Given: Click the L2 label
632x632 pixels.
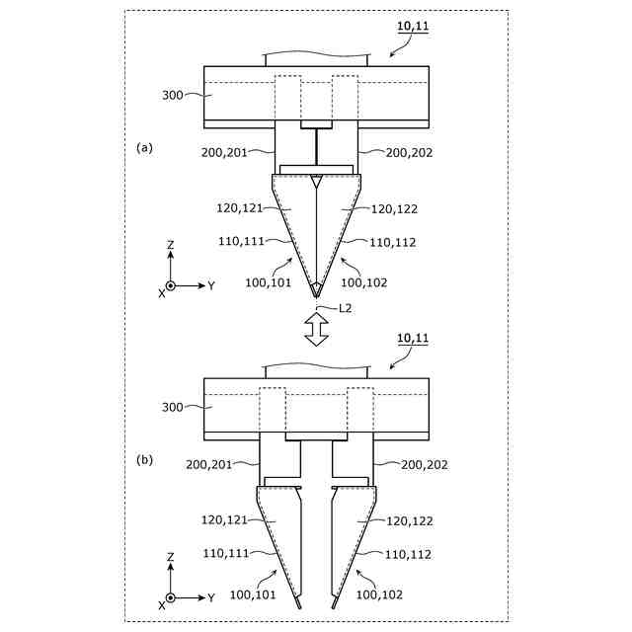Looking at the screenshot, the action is pos(346,309).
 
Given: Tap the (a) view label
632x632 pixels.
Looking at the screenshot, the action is pos(145,147).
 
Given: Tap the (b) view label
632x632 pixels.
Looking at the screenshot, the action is pos(145,459).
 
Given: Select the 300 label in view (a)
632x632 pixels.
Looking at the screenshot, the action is pos(174,96).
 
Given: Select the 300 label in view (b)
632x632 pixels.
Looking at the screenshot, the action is pos(174,407).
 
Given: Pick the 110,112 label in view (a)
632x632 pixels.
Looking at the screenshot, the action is pos(392,242).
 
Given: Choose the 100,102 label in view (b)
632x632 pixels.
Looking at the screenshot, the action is pos(379,593).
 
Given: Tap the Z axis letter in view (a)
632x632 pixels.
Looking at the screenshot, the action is pos(171,244).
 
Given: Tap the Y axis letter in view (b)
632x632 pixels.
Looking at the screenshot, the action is pos(211,597).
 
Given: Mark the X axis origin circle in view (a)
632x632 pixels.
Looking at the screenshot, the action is pos(171,285).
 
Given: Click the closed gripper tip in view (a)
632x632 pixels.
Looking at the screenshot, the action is pos(315,289).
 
